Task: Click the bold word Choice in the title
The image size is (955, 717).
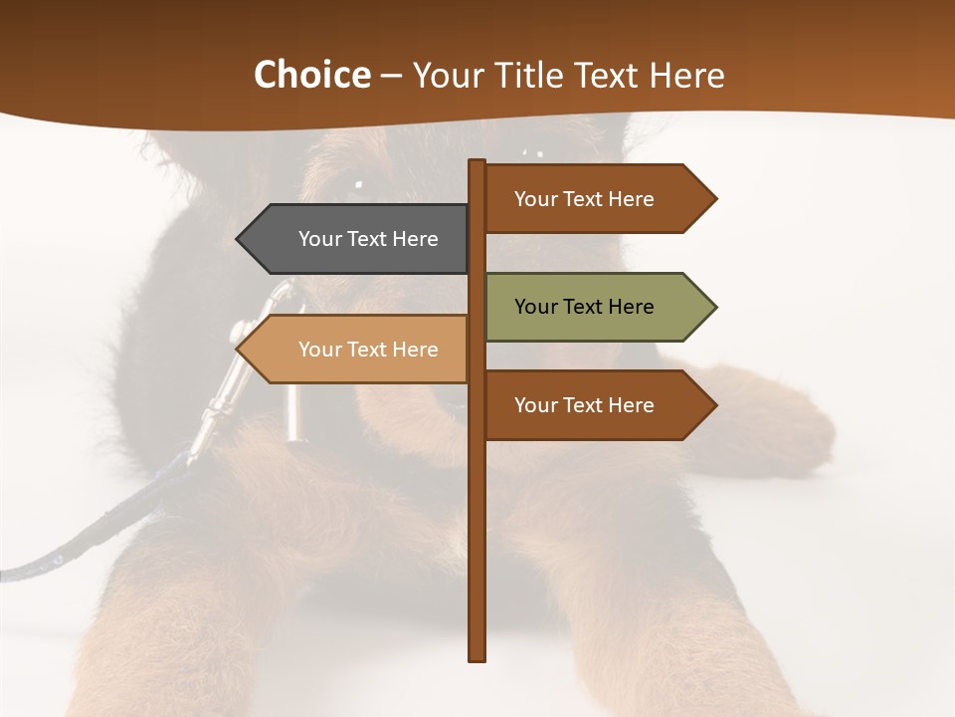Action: click(311, 76)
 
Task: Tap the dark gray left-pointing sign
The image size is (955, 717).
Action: click(358, 239)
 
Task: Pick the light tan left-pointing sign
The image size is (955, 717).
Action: click(358, 350)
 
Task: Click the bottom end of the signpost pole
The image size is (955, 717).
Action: click(477, 657)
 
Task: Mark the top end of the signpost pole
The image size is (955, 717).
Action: click(477, 163)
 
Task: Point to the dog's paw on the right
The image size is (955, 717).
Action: click(786, 428)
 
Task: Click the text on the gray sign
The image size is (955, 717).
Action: click(368, 239)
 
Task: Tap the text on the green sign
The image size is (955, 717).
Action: click(584, 307)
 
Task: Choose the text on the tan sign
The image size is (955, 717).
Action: click(368, 350)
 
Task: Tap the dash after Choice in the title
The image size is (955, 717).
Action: click(391, 76)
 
